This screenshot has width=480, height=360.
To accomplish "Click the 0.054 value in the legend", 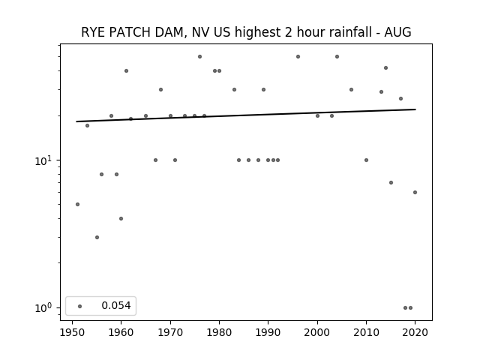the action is click(116, 305).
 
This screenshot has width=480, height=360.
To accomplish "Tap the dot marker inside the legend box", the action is click(80, 306).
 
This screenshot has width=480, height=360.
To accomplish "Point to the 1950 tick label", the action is click(72, 332).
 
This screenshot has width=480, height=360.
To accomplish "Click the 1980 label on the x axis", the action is click(219, 332).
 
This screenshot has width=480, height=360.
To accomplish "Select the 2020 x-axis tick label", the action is click(415, 332).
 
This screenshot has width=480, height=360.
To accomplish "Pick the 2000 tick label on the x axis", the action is click(317, 332).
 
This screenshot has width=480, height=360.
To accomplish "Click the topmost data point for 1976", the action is click(199, 57).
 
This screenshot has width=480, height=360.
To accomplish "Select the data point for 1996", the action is click(298, 57).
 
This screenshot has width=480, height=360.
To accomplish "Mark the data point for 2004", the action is click(337, 57).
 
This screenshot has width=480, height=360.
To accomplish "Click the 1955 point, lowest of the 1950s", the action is click(97, 237).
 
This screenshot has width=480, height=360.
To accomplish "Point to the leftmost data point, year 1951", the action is click(77, 204).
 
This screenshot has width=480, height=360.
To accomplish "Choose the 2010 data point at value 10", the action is click(366, 160).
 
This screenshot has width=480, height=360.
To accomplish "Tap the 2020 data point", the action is click(415, 192).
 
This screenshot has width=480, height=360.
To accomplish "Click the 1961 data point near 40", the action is click(126, 70).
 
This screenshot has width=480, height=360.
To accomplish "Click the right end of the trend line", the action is click(415, 109).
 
